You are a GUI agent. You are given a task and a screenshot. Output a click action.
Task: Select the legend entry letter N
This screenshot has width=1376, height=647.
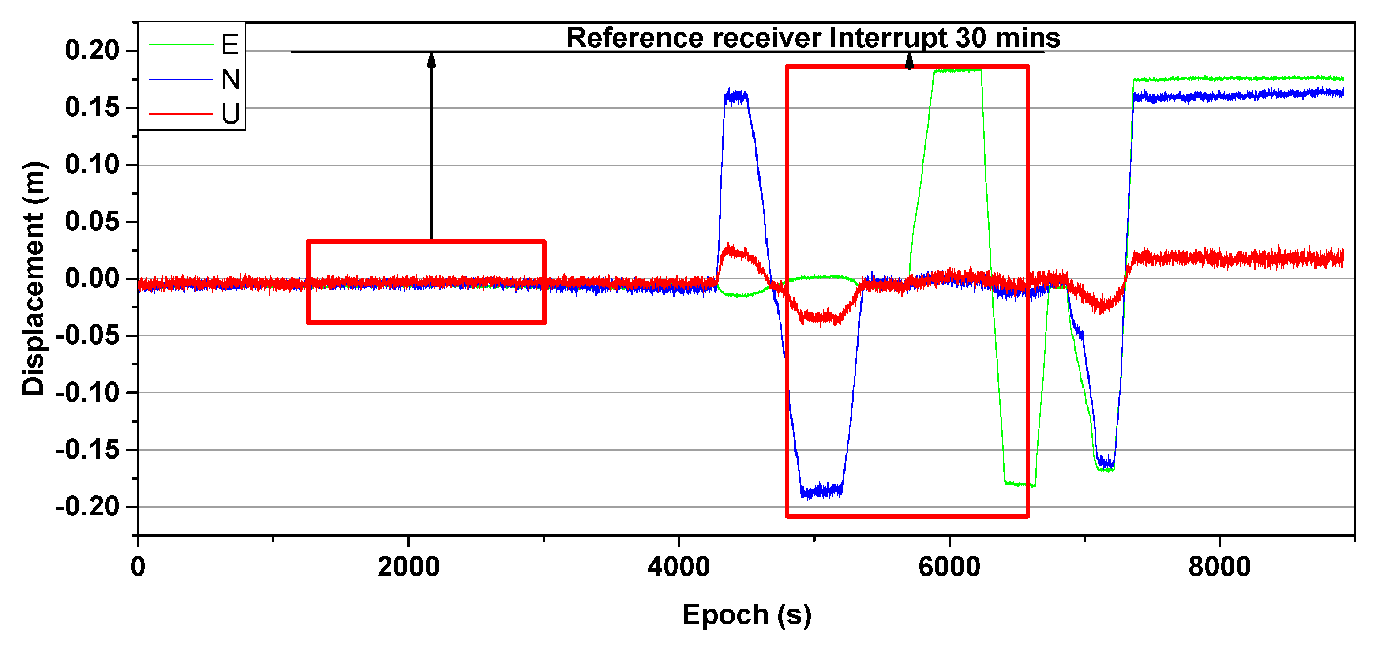tap(231, 79)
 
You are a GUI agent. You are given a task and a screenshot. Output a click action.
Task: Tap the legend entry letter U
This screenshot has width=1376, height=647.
tap(231, 114)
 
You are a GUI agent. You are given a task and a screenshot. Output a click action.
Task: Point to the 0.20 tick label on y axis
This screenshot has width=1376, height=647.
tap(92, 50)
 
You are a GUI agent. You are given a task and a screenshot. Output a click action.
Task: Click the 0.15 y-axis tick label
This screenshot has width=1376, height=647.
tap(92, 107)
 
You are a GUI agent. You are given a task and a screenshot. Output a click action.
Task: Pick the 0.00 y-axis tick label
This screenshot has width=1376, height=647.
tap(92, 278)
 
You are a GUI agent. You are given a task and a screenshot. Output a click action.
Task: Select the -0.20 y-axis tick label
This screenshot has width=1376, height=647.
tap(88, 507)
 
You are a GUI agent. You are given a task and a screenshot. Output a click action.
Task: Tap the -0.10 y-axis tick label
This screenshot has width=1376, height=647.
tap(88, 393)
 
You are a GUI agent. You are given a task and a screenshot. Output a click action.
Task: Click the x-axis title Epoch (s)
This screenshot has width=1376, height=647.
tap(746, 615)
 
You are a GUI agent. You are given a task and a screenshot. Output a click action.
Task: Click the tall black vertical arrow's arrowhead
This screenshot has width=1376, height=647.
tap(431, 60)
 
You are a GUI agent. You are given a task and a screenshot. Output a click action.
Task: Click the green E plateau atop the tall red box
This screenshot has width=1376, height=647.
tap(958, 71)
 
